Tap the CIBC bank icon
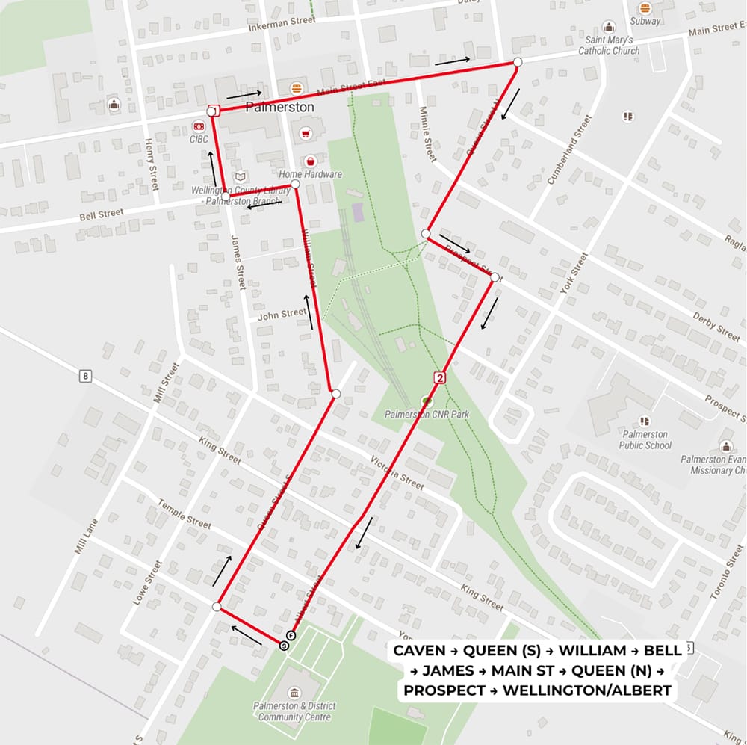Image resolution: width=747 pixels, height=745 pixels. pos(199,126)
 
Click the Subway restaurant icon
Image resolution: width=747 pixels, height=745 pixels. pos(645,8)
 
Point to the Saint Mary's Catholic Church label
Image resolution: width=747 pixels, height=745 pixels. pos(609,46)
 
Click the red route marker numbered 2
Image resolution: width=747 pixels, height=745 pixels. pos(440,378)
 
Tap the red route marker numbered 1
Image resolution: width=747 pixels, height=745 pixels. pos(212,111)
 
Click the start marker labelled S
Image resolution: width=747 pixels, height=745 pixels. pos(284,646)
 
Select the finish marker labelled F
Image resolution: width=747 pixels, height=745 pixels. pos(291,635)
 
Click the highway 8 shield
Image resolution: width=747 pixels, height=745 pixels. pos(86,376)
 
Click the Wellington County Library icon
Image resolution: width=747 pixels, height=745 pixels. pos(239,176)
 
